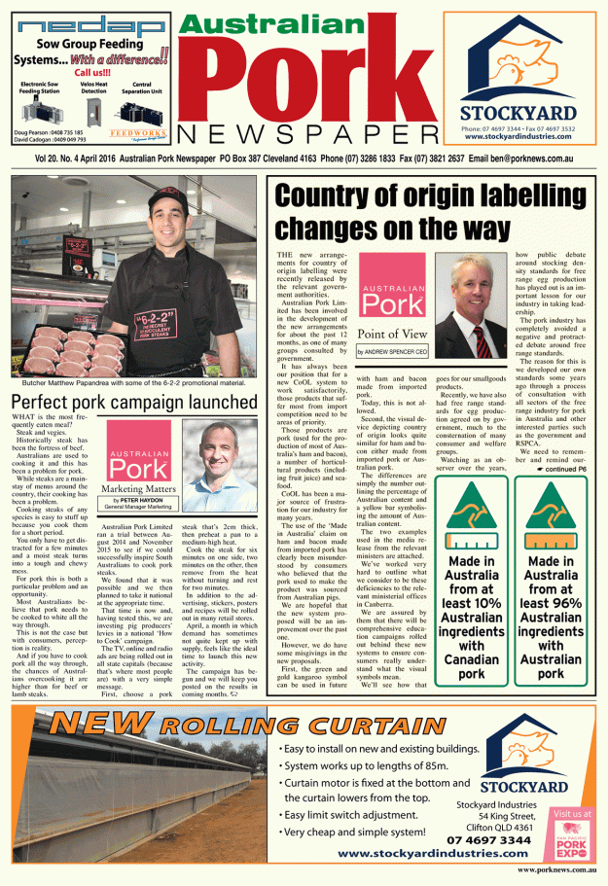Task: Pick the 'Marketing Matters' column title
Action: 136,488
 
